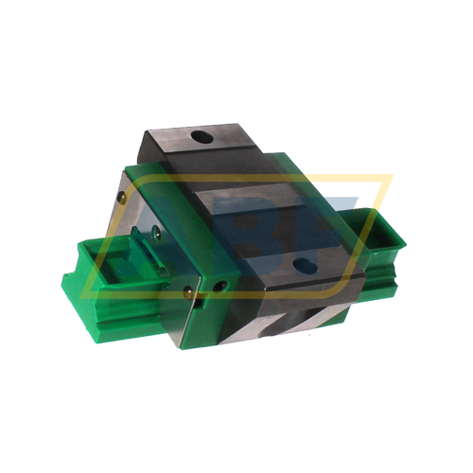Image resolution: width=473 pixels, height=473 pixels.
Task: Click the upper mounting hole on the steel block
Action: (201, 138)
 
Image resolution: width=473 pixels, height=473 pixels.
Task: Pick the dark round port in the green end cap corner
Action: (221, 283)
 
